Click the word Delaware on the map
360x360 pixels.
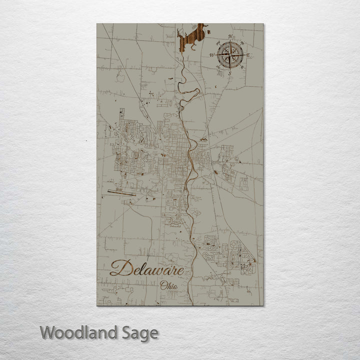point(150,269)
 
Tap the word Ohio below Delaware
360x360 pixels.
point(169,285)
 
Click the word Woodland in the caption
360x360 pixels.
point(79,332)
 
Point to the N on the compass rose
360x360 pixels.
point(229,37)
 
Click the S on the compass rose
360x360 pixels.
point(229,73)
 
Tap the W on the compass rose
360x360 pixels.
point(211,55)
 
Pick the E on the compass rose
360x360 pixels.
point(247,54)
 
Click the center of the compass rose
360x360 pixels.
point(229,54)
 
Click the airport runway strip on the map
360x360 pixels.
point(120,191)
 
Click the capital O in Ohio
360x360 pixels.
point(163,285)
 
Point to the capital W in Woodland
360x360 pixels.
point(48,332)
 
